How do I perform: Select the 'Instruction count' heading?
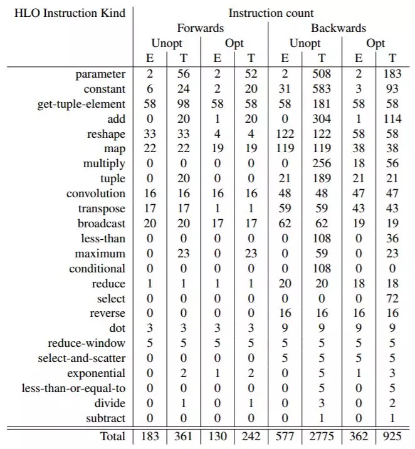(x=271, y=13)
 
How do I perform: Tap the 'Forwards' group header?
(x=201, y=28)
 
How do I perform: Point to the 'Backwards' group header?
(x=339, y=28)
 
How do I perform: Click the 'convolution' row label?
(x=96, y=194)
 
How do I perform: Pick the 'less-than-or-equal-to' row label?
(x=74, y=388)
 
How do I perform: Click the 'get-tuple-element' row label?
(x=81, y=104)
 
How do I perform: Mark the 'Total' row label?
(x=112, y=436)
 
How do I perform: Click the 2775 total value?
(x=322, y=436)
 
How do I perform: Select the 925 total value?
(x=392, y=436)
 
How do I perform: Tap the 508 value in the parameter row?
(x=322, y=74)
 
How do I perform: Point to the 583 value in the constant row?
(x=322, y=89)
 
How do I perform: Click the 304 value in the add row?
(x=322, y=119)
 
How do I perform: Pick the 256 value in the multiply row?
(x=322, y=163)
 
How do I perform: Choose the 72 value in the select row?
(x=392, y=299)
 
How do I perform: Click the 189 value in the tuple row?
(x=322, y=178)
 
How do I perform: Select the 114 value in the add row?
(x=392, y=119)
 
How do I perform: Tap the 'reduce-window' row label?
(x=87, y=343)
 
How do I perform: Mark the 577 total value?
(x=285, y=436)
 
